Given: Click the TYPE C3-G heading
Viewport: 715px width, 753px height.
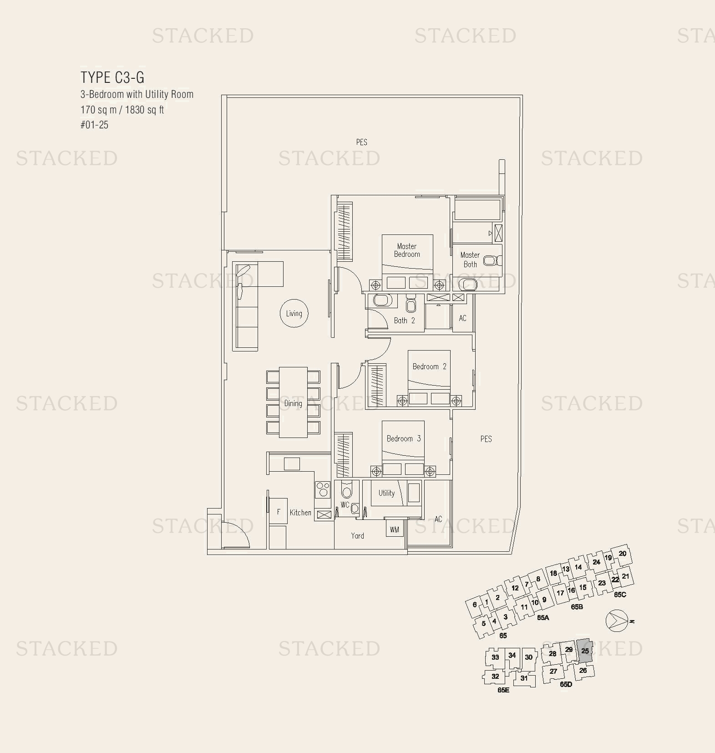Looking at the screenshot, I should [112, 77].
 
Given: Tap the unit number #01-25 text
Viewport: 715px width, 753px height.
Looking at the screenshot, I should [95, 125].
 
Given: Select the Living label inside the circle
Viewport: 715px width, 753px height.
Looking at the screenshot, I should [294, 313].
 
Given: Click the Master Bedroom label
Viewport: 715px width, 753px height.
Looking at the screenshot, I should [407, 250].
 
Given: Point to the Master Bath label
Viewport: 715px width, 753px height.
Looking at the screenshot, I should [470, 259].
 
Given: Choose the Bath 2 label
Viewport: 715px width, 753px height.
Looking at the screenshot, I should [404, 321].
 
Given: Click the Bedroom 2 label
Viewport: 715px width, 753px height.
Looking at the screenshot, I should [429, 366].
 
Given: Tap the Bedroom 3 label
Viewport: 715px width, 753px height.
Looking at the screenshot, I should [403, 438].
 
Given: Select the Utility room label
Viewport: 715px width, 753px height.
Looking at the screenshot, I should [386, 493].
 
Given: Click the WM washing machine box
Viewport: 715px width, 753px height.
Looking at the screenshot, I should [394, 529].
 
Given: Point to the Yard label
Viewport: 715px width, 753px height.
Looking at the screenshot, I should [357, 536].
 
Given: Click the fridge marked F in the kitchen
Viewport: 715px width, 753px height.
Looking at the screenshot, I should [278, 512].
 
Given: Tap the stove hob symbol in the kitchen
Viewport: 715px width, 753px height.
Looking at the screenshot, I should [323, 489].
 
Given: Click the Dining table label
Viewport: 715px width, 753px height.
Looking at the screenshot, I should [293, 403].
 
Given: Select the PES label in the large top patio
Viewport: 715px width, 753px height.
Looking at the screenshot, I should [361, 142].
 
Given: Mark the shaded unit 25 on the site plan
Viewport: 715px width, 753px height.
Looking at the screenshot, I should [584, 651].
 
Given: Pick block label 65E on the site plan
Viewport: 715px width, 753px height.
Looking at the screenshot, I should [503, 690].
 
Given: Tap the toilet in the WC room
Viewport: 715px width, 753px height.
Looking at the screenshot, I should [346, 491].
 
